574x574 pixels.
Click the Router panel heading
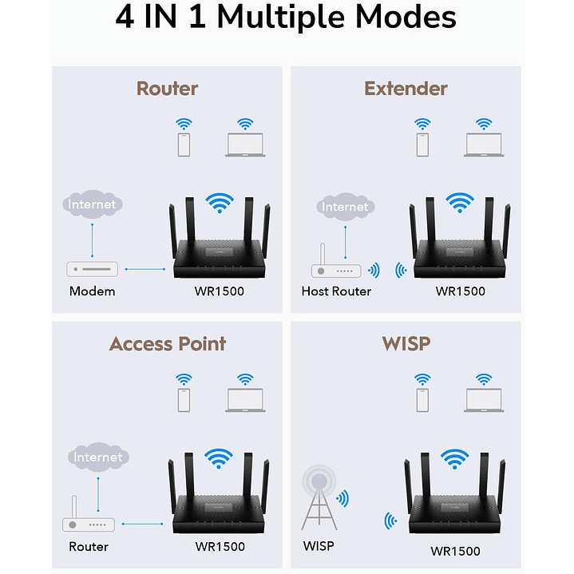click(x=167, y=88)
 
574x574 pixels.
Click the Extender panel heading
click(x=406, y=88)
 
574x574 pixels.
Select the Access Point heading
click(x=167, y=344)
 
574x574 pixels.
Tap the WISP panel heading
click(x=406, y=344)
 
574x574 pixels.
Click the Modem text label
click(x=92, y=291)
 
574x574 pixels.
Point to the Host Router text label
click(x=336, y=291)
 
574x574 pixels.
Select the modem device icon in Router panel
click(x=93, y=269)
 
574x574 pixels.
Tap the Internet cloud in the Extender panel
click(x=345, y=207)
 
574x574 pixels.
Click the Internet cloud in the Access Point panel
click(x=98, y=457)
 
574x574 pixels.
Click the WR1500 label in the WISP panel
click(x=455, y=551)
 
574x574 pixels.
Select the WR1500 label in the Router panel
click(x=220, y=291)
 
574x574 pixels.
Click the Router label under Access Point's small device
click(x=89, y=547)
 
